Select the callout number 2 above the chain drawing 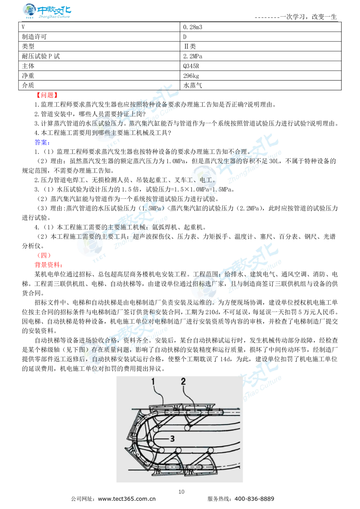tap(183, 382)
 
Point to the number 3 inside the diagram tap(172, 438)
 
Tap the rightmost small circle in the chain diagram tap(210, 451)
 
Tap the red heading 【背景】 tap(46, 95)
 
